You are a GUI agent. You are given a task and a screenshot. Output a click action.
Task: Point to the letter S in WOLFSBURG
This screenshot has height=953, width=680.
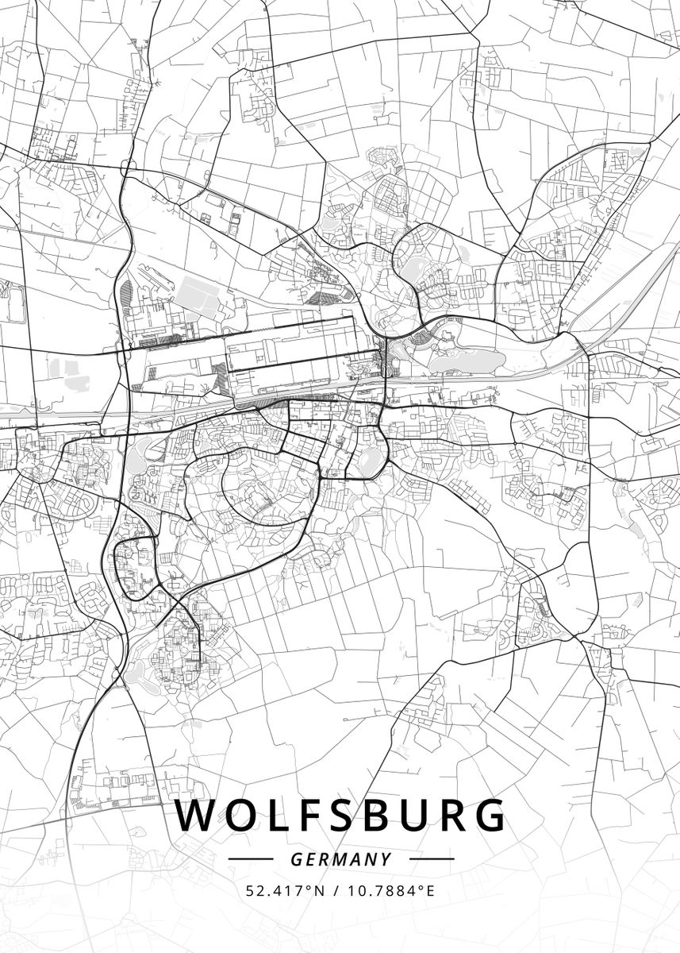(x=339, y=816)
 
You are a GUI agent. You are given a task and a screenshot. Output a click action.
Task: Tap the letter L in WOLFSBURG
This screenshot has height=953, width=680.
(x=272, y=816)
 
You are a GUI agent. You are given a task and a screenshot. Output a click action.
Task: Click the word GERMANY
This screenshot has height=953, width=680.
(x=340, y=859)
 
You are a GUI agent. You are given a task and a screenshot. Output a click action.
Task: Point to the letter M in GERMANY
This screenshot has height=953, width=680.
(x=342, y=859)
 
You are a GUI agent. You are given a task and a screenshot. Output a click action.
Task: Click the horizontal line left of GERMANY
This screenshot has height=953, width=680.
(x=250, y=859)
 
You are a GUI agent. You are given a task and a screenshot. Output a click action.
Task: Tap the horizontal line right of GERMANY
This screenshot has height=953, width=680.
(x=431, y=859)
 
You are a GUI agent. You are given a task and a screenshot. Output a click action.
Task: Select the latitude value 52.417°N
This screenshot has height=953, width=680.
(x=286, y=891)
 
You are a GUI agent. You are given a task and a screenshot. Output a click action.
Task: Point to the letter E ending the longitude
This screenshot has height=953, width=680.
(x=431, y=891)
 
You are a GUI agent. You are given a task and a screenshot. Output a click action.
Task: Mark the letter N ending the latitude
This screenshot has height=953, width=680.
(x=321, y=891)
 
